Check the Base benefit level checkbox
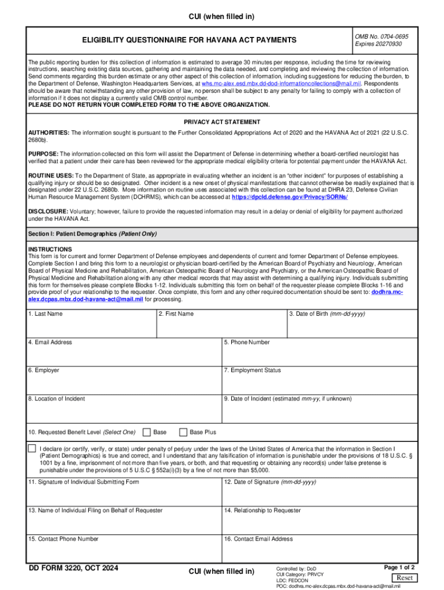(146, 432)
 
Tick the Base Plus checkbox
(183, 432)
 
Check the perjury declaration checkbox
(32, 449)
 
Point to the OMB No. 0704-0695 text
(381, 36)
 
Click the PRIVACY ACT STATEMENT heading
(221, 122)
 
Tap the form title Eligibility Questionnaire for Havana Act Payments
(190, 40)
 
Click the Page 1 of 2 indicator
(400, 567)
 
